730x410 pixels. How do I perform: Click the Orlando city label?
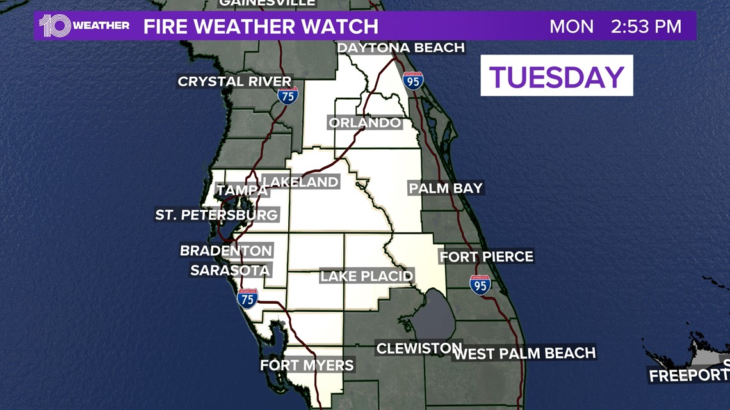pyautogui.click(x=365, y=123)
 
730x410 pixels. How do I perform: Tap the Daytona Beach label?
pyautogui.click(x=400, y=48)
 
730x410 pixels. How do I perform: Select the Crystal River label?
pyautogui.click(x=234, y=81)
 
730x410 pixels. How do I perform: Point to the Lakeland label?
pyautogui.click(x=300, y=182)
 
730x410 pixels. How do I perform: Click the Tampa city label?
pyautogui.click(x=242, y=191)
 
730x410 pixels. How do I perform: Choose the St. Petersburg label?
pyautogui.click(x=216, y=215)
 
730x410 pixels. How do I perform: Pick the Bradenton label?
pyautogui.click(x=226, y=251)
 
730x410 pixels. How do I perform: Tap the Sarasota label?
pyautogui.click(x=231, y=270)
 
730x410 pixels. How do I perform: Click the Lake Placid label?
pyautogui.click(x=367, y=276)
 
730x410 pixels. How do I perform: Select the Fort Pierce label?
pyautogui.click(x=486, y=256)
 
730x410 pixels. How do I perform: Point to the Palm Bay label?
pyautogui.click(x=446, y=188)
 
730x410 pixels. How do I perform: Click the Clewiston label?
pyautogui.click(x=419, y=349)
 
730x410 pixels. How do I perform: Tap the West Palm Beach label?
pyautogui.click(x=524, y=353)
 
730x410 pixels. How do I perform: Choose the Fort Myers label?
pyautogui.click(x=307, y=365)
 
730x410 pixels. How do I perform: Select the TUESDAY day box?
pyautogui.click(x=556, y=76)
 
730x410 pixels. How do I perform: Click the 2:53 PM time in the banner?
pyautogui.click(x=645, y=27)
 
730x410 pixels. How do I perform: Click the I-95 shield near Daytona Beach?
pyautogui.click(x=413, y=81)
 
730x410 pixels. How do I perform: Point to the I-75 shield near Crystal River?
pyautogui.click(x=288, y=96)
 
